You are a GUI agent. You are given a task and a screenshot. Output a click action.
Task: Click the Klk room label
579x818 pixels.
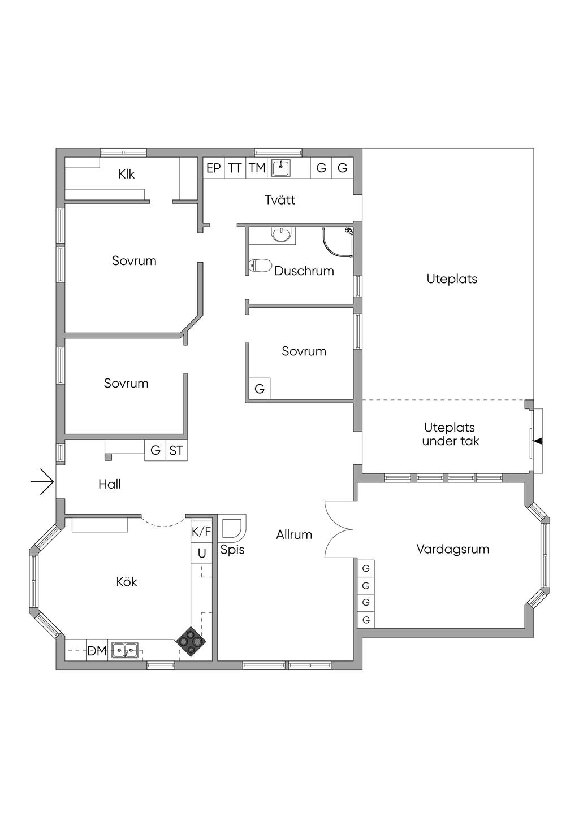pos(127,174)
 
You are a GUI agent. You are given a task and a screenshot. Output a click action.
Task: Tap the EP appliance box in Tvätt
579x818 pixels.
pos(214,168)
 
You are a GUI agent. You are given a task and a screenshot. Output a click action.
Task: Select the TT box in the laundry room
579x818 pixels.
pos(235,168)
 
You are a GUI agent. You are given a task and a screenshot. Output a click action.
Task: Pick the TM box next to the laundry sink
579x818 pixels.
pos(257,168)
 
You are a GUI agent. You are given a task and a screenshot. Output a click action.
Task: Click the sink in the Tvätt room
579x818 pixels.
pos(280,168)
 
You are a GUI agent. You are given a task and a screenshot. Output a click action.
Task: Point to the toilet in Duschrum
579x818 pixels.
pos(260,265)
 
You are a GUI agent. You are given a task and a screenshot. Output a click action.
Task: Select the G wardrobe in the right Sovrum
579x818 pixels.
pos(260,389)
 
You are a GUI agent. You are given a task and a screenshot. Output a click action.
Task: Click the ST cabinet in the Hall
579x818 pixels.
pos(176,450)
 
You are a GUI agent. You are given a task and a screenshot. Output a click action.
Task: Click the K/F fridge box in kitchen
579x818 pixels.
pos(201,531)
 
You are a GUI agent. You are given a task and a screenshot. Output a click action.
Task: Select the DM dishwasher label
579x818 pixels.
pos(97,651)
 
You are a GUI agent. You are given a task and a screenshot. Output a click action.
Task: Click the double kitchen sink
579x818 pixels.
pos(124,651)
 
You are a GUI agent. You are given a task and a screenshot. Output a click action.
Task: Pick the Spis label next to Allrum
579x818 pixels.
pos(232,549)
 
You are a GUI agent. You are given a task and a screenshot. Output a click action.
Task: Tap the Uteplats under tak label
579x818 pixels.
pos(450,434)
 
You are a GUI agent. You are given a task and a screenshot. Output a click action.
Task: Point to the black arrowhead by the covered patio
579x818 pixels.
pos(538,441)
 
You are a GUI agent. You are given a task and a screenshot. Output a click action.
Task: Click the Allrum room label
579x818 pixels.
pos(294,534)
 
